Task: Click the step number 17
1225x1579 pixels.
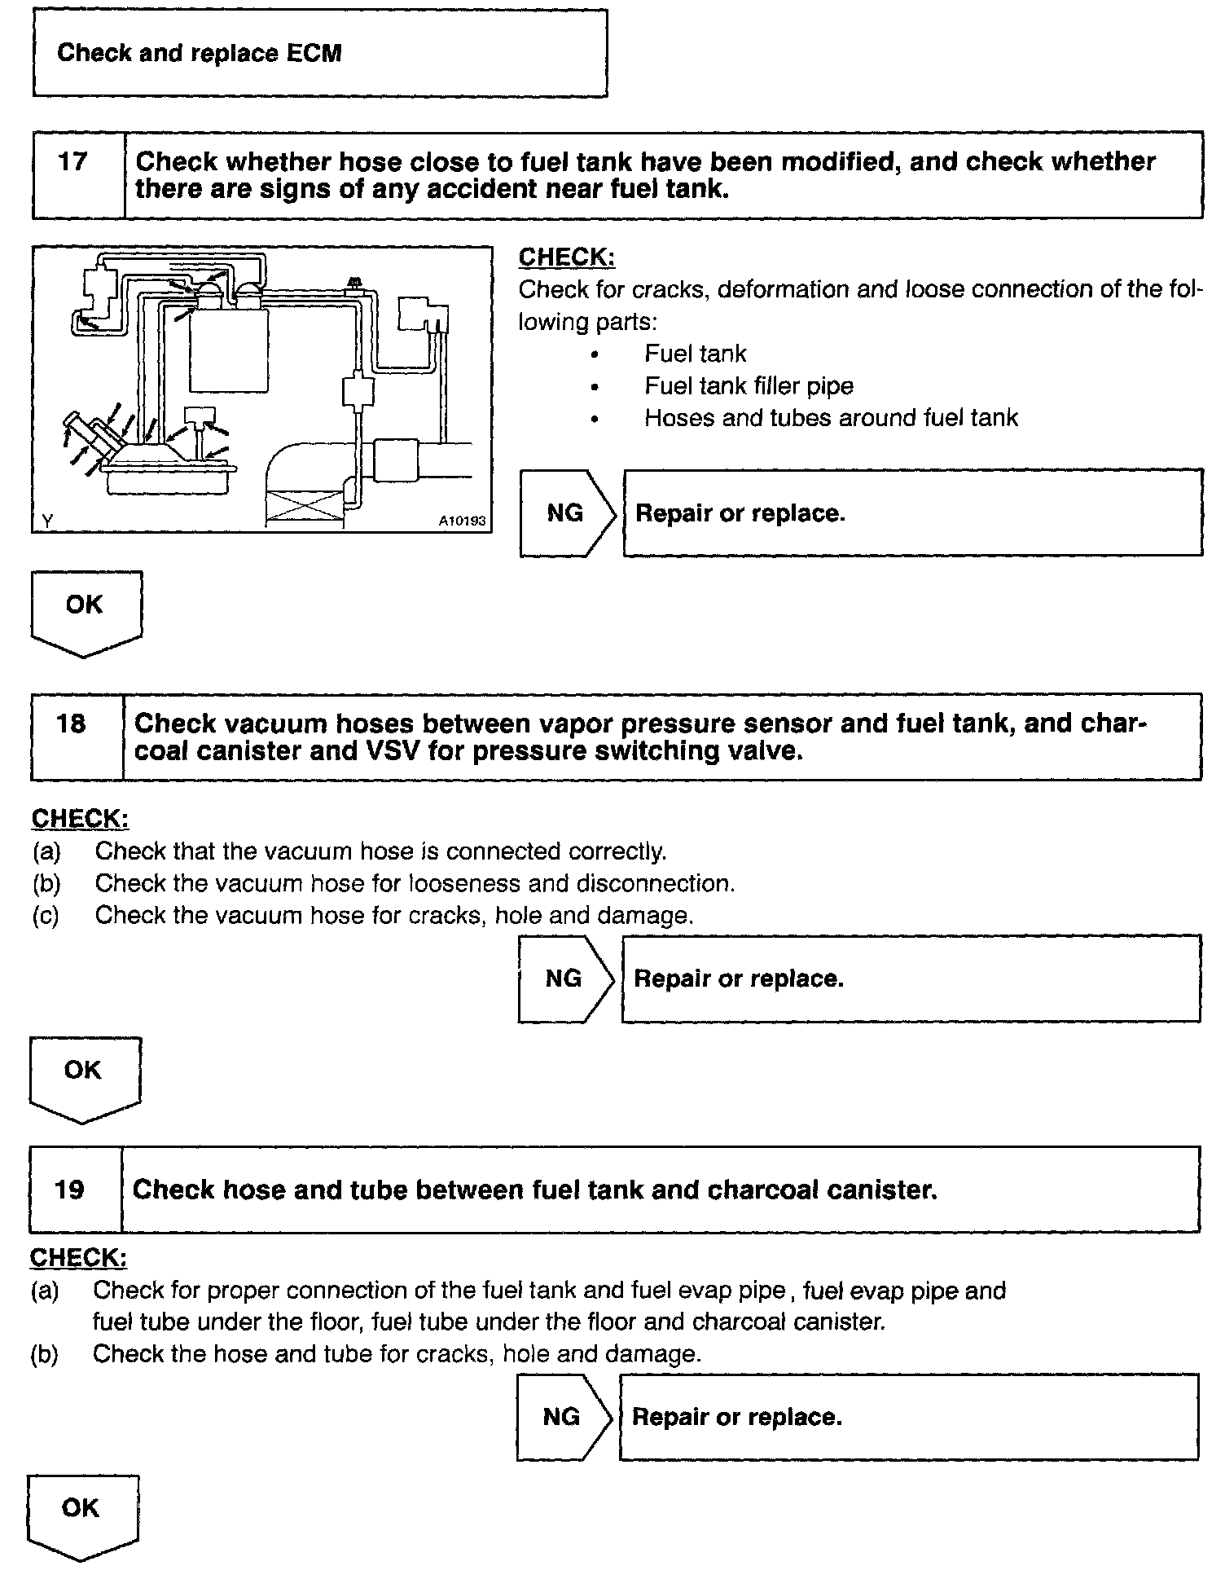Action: [x=72, y=161]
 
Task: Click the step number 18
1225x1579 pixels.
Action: [x=71, y=724]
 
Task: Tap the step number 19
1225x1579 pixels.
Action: [x=69, y=1190]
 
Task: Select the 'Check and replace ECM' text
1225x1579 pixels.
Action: [x=200, y=54]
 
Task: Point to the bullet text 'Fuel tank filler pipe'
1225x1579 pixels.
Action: [x=749, y=386]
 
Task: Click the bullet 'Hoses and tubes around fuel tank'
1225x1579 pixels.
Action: [x=831, y=418]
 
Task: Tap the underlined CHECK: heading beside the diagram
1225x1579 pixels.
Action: [x=567, y=257]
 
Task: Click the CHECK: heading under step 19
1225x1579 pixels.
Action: [x=79, y=1258]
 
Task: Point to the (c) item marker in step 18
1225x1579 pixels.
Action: [x=46, y=916]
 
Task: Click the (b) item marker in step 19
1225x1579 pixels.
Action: [x=45, y=1354]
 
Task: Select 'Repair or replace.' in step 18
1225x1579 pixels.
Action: [x=739, y=979]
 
